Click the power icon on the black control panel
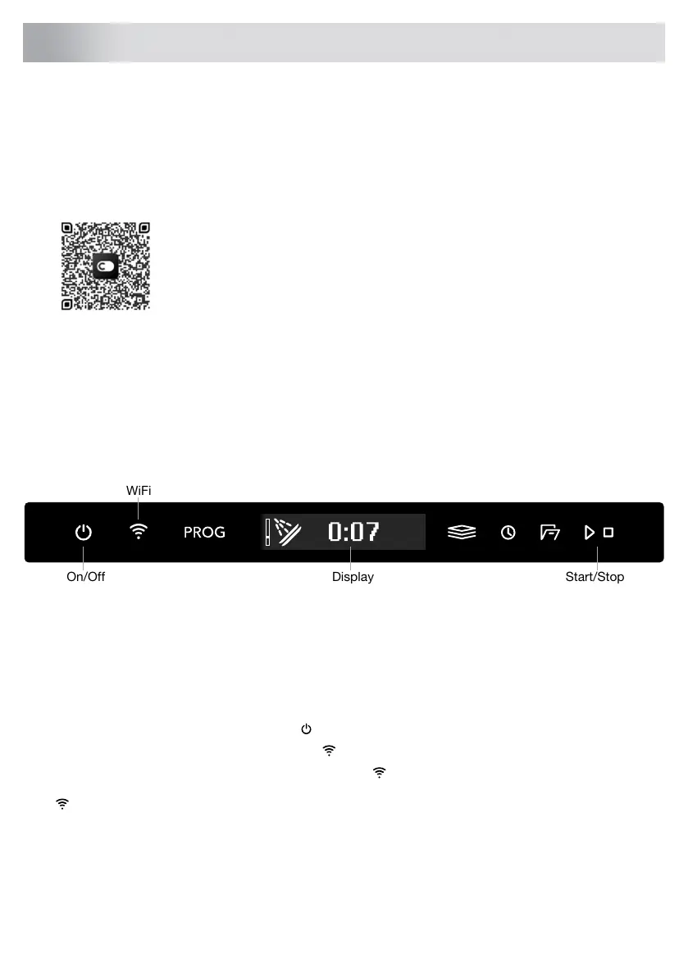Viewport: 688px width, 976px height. coord(84,532)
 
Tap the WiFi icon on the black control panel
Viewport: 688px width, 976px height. coord(139,531)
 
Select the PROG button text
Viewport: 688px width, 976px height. coord(204,532)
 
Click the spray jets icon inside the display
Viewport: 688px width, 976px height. coord(288,532)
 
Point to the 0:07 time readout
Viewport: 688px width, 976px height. coord(353,532)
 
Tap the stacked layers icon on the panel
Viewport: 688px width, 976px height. coord(462,532)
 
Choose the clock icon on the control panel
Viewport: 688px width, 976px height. coord(508,532)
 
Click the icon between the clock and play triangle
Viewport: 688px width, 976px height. coord(549,532)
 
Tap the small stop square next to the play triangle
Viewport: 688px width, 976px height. coord(608,532)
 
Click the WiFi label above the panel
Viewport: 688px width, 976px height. coord(139,491)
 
